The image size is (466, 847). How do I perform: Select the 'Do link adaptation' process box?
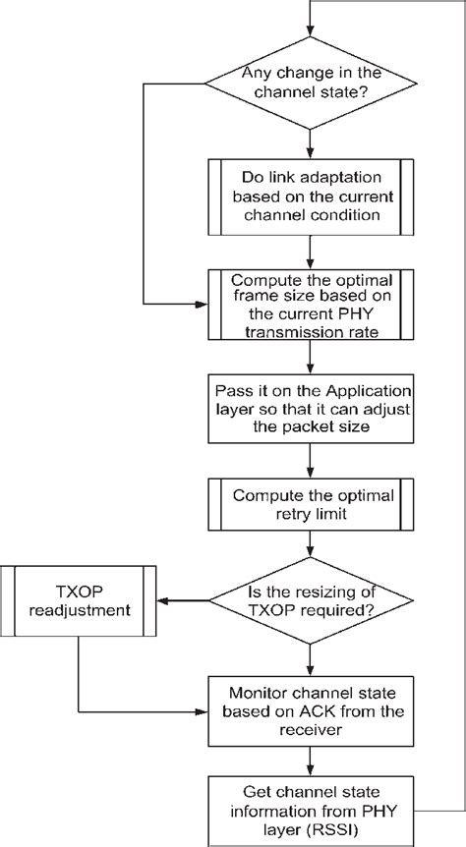tap(311, 198)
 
